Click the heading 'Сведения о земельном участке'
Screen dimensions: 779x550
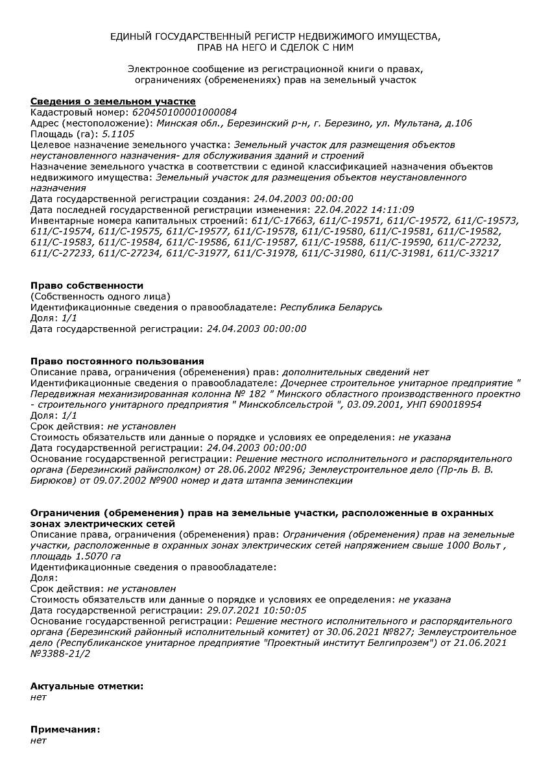[x=113, y=102]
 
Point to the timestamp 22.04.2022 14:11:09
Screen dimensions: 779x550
[x=364, y=210]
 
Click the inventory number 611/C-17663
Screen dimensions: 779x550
[x=283, y=221]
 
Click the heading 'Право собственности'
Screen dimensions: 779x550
[x=87, y=286]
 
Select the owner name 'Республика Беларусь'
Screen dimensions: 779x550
[x=331, y=307]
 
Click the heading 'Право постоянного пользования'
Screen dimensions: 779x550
[x=117, y=362]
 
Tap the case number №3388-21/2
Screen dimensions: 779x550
[x=60, y=653]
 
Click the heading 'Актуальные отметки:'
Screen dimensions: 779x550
[x=87, y=686]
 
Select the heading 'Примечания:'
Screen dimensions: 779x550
[x=66, y=730]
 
